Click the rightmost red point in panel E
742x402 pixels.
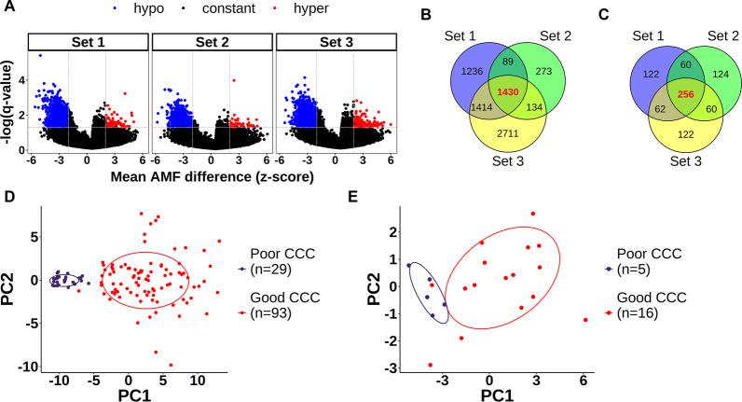click(584, 320)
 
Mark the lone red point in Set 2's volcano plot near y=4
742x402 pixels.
click(233, 80)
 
